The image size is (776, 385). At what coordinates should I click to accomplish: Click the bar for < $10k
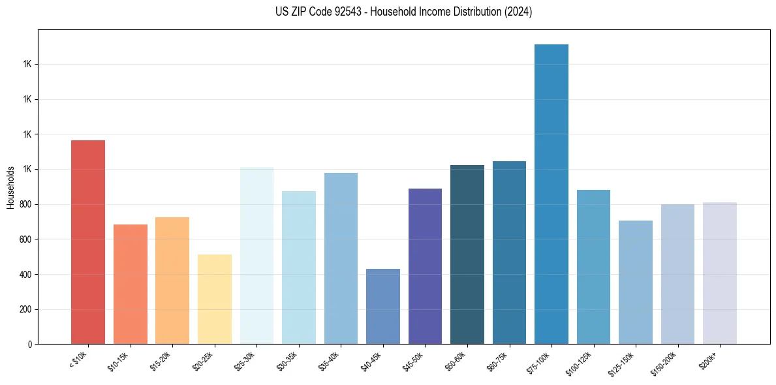[87, 242]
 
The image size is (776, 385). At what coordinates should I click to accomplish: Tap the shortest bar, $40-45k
[382, 307]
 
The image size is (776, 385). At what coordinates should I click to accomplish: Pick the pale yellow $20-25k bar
[214, 300]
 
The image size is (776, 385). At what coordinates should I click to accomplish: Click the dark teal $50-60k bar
[467, 254]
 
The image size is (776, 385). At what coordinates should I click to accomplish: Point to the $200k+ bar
[719, 273]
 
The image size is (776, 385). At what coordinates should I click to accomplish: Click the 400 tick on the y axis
[29, 275]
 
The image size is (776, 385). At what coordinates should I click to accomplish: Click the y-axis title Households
[10, 188]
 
